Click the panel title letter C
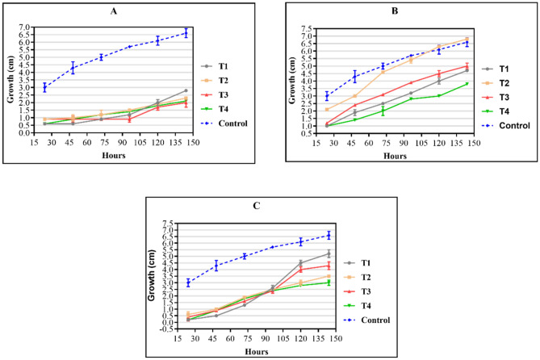click(256, 206)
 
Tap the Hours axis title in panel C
click(256, 351)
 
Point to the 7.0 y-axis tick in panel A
click(23, 27)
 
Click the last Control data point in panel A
click(186, 33)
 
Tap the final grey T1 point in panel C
click(329, 253)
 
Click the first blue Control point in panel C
click(188, 283)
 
